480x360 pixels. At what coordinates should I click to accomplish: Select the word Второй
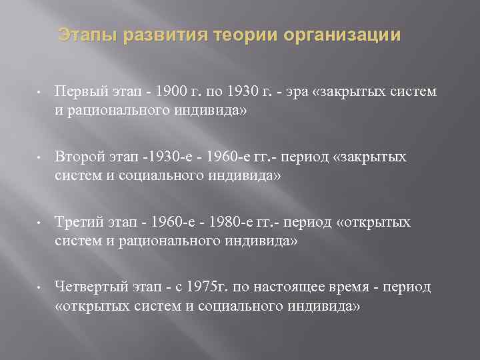click(x=79, y=157)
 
